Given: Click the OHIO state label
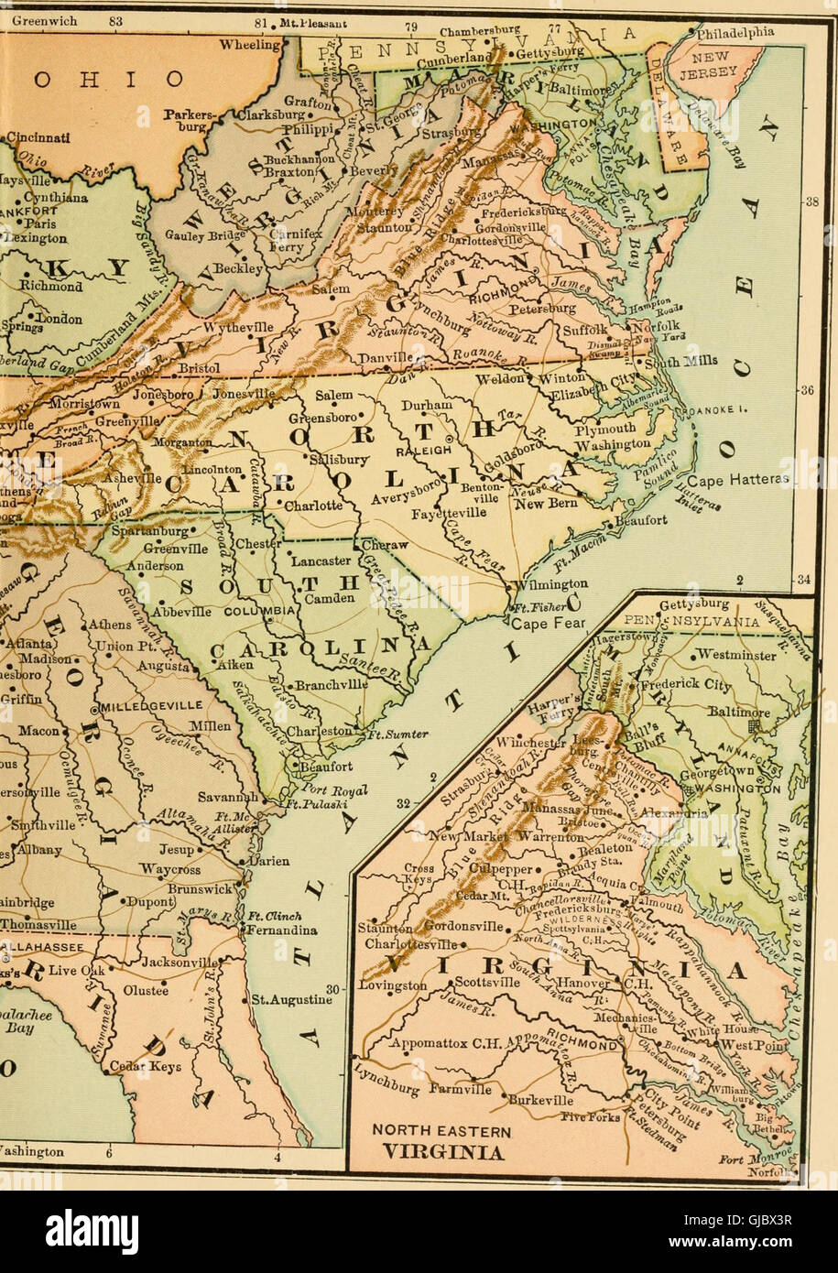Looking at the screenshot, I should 109,80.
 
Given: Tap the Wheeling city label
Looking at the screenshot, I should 250,44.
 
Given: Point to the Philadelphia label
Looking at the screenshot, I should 735,33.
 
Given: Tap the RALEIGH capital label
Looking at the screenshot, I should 420,451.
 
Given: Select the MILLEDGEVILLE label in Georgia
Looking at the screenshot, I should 151,706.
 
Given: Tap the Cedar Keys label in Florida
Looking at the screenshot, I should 148,1066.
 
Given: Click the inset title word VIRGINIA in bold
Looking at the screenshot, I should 443,1151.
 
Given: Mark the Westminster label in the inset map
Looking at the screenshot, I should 735,655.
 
